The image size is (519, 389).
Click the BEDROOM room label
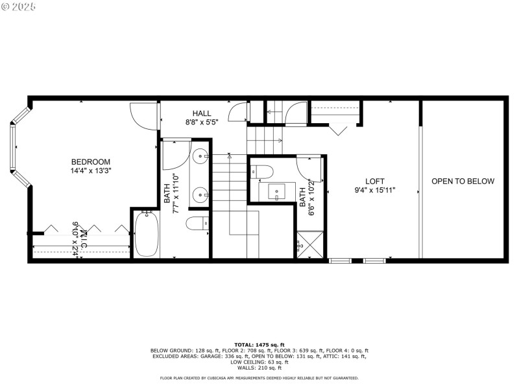pyautogui.click(x=91, y=161)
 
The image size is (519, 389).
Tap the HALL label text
pyautogui.click(x=202, y=113)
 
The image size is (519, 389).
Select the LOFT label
pyautogui.click(x=375, y=181)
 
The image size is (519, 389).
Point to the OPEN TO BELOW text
pyautogui.click(x=463, y=181)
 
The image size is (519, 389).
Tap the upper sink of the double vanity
pyautogui.click(x=200, y=156)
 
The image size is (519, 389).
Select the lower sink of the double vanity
pyautogui.click(x=200, y=193)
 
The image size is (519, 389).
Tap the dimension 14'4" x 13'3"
pyautogui.click(x=91, y=171)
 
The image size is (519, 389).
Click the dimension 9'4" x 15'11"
pyautogui.click(x=375, y=190)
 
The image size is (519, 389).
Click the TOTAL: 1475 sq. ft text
pyautogui.click(x=259, y=344)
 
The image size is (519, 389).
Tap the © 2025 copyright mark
pyautogui.click(x=19, y=6)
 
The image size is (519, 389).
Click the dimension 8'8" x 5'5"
pyautogui.click(x=202, y=121)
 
